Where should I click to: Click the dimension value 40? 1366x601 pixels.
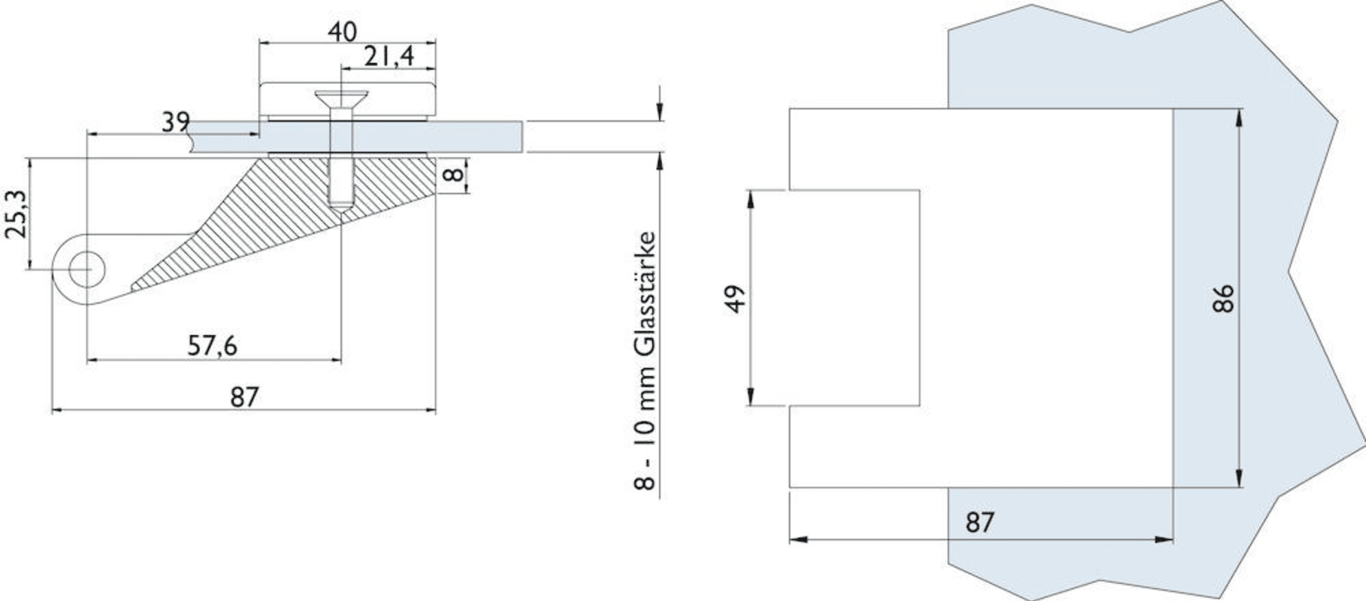point(342,32)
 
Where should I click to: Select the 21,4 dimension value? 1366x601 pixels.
point(388,56)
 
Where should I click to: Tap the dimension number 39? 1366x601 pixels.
point(176,122)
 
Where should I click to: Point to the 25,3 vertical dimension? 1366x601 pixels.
point(16,214)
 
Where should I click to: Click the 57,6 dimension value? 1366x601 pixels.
point(212,346)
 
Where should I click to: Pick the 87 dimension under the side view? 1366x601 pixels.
point(244,397)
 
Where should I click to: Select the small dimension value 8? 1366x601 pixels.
point(452,175)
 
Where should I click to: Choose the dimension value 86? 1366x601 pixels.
point(1222,298)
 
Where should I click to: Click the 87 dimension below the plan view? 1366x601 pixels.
point(979,522)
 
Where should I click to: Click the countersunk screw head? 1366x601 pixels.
point(341,98)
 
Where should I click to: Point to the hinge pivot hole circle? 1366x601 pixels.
point(86,268)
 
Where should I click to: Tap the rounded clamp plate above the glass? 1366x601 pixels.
point(347,101)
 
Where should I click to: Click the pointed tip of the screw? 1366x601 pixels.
point(341,207)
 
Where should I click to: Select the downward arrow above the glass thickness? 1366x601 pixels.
point(659,111)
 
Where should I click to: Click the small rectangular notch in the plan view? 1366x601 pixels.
point(854,298)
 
